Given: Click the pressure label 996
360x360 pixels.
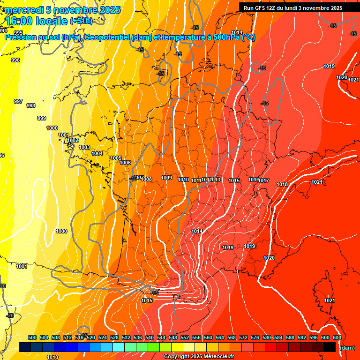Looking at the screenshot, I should (x=15, y=60).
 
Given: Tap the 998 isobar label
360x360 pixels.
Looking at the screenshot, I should (x=31, y=105).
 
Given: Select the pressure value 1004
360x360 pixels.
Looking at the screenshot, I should (x=97, y=153).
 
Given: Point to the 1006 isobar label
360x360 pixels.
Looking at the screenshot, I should (x=125, y=163).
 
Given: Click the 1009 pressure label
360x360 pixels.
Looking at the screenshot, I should (x=166, y=178).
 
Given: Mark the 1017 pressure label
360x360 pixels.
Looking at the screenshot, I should (x=264, y=180).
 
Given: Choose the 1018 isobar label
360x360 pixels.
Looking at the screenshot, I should (x=282, y=184).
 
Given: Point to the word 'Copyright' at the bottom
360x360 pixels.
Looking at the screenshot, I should (x=178, y=357).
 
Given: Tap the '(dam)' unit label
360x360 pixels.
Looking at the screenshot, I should (x=347, y=348).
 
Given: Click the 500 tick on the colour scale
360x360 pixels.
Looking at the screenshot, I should (x=32, y=337).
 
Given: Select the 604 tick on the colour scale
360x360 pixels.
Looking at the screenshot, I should (x=337, y=337).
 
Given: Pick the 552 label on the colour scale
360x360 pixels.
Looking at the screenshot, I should (x=185, y=337).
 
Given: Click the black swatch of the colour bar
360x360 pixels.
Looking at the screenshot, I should (x=329, y=347).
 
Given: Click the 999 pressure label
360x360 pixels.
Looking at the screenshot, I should (x=42, y=118).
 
